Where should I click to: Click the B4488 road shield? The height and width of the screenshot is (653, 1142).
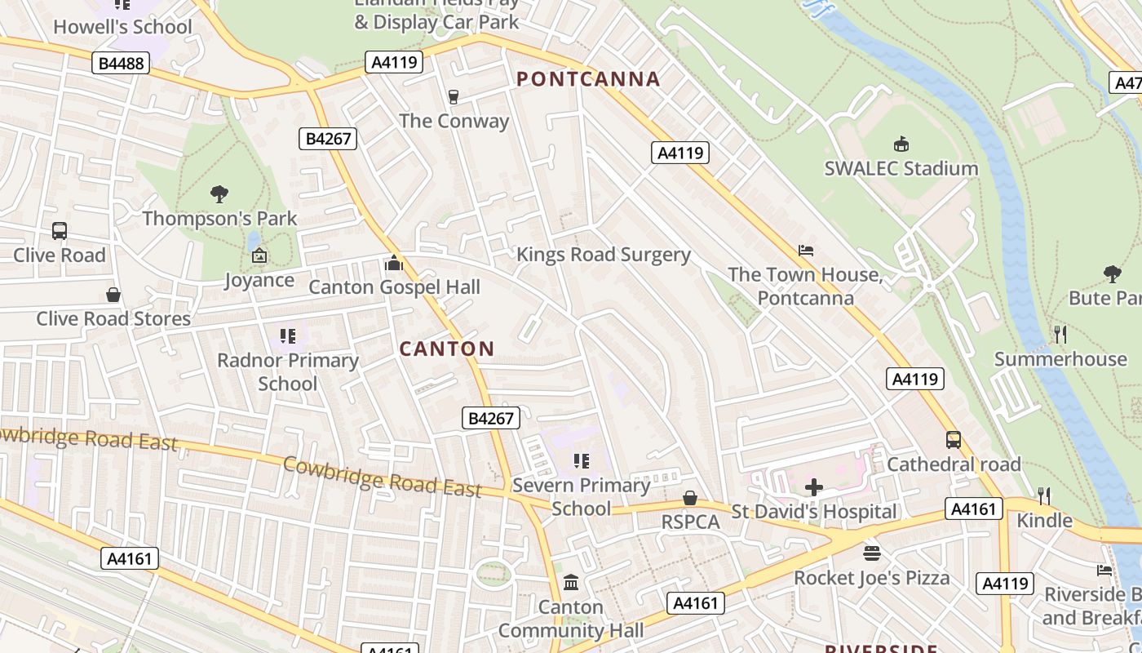click(121, 64)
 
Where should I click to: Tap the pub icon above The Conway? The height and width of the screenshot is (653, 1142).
click(454, 97)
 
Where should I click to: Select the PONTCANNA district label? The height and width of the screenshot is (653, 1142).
click(588, 79)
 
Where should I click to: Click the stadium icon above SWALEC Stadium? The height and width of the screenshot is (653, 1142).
click(901, 144)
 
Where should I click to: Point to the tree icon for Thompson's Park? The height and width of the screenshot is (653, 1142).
click(219, 194)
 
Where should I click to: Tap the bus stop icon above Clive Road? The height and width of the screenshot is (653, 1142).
click(60, 231)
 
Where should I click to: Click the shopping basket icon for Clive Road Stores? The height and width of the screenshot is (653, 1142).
click(113, 295)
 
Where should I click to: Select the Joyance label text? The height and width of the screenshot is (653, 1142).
click(259, 280)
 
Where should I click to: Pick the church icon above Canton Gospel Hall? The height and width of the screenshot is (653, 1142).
click(394, 263)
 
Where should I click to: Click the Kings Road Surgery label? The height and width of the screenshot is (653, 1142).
click(604, 255)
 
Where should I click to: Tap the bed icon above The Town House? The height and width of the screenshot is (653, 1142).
click(806, 251)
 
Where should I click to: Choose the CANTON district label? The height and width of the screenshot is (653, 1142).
click(447, 349)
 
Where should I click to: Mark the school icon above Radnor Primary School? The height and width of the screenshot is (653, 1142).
click(287, 335)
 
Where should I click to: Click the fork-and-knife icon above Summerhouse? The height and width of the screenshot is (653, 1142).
click(1060, 335)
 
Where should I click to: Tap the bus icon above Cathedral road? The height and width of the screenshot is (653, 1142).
click(954, 440)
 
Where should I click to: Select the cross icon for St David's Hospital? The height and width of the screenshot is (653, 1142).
click(813, 488)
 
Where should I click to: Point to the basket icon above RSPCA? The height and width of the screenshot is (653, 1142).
click(690, 498)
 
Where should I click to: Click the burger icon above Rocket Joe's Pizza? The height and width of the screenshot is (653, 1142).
click(871, 553)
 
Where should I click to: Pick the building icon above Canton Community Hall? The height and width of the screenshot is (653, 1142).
click(571, 583)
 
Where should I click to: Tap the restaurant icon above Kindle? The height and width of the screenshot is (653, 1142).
click(1043, 495)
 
